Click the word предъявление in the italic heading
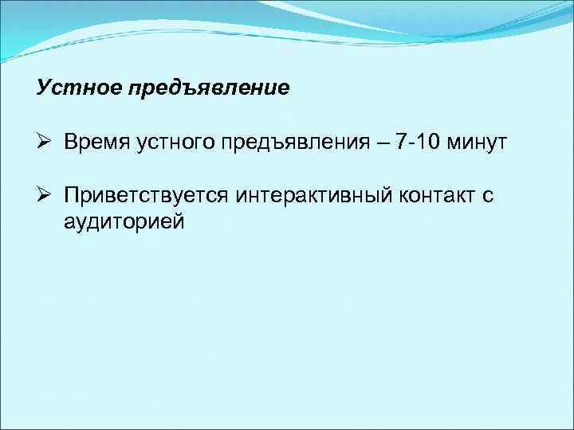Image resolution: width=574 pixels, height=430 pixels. pyautogui.click(x=206, y=88)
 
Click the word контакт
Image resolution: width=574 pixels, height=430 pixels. pyautogui.click(x=431, y=197)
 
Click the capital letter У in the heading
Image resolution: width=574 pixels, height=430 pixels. pyautogui.click(x=43, y=87)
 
